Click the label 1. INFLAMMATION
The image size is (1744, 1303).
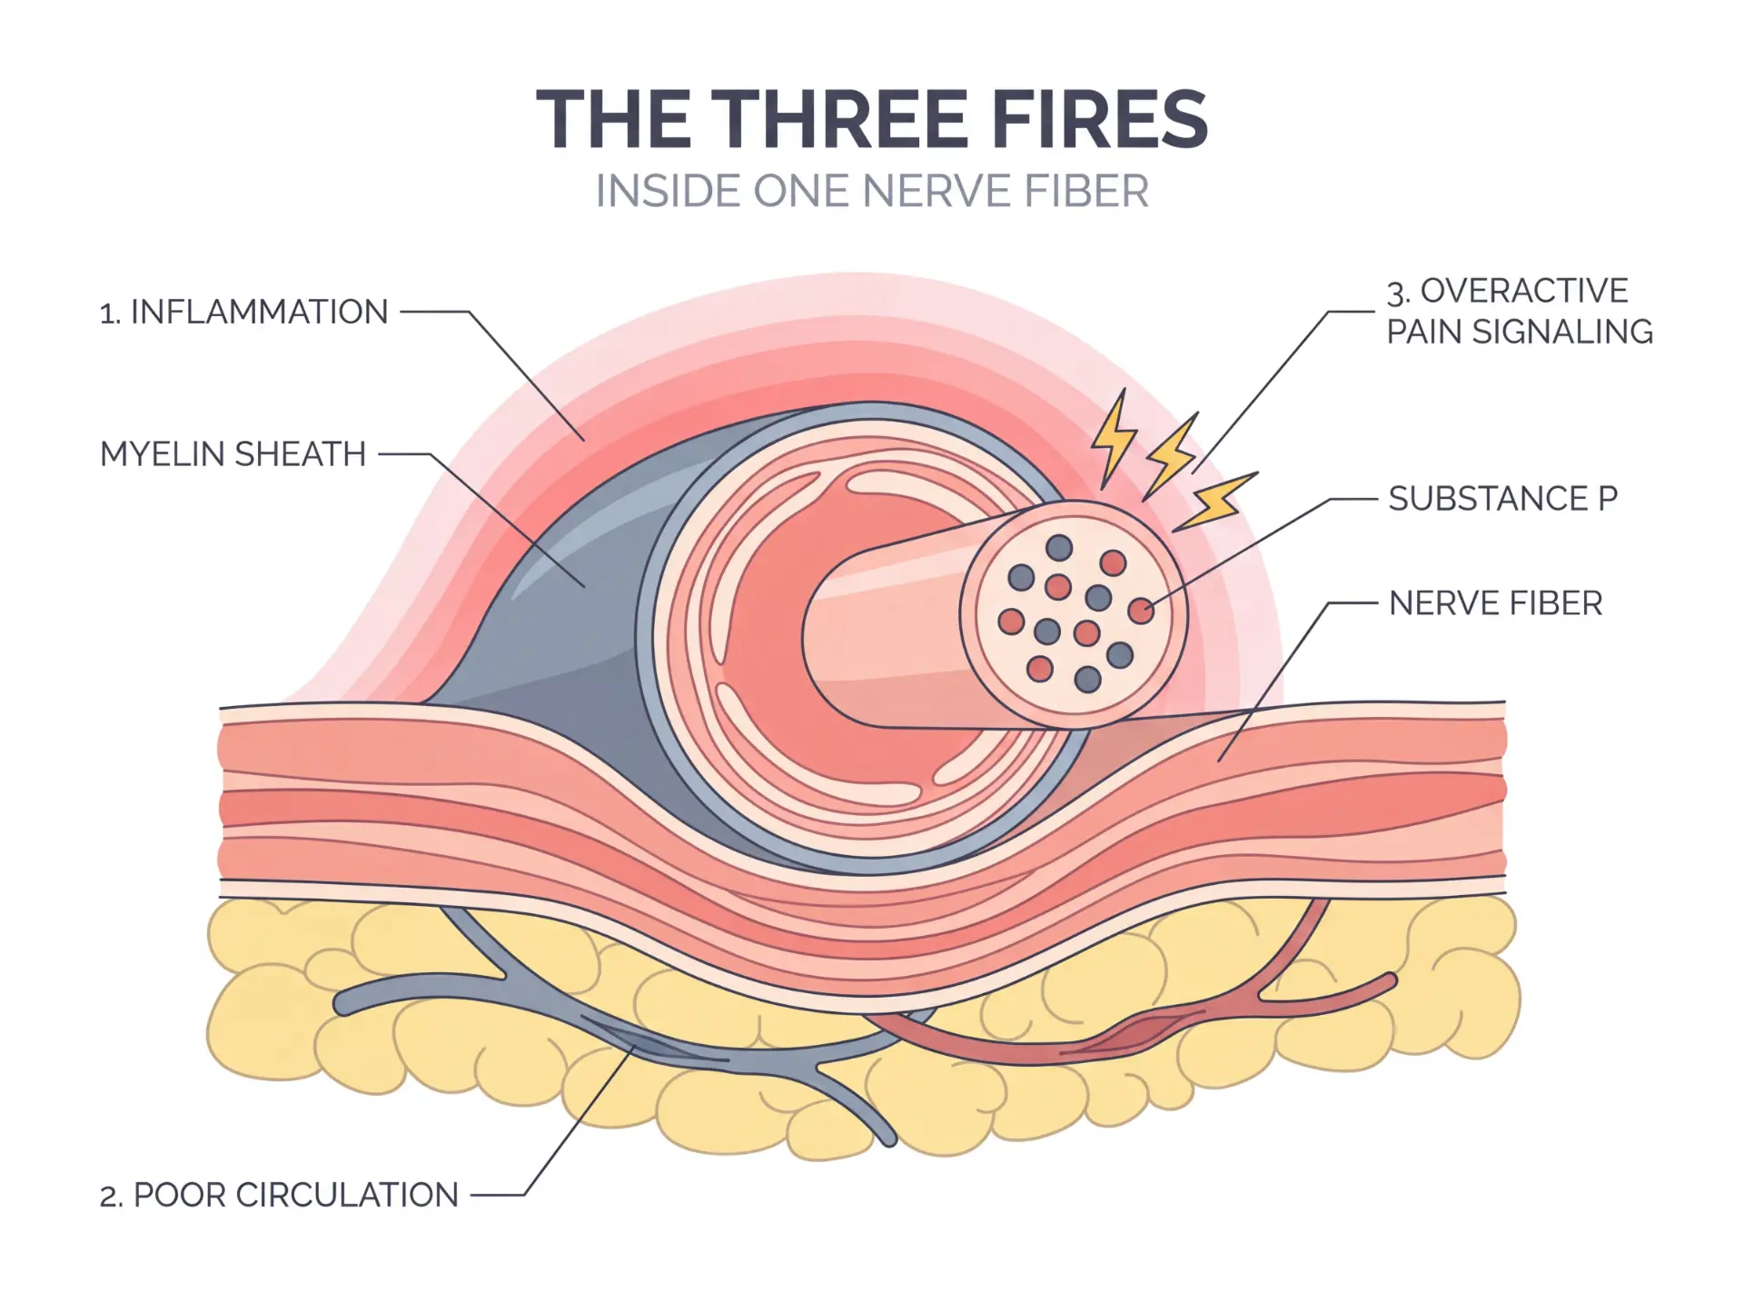(243, 312)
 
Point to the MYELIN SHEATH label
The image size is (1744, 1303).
(233, 453)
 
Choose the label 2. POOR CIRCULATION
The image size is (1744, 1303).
(279, 1195)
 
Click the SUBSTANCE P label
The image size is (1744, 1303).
(1503, 498)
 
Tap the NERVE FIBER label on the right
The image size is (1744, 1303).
(1495, 602)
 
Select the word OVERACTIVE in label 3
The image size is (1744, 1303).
(1524, 291)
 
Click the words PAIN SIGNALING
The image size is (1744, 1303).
(1520, 332)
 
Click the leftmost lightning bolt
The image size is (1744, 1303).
(1113, 439)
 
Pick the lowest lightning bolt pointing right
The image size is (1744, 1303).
(1215, 501)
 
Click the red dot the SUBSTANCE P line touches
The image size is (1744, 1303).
(1141, 611)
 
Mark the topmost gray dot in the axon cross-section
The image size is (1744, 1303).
(1059, 548)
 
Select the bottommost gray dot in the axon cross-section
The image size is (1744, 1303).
(1087, 679)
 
